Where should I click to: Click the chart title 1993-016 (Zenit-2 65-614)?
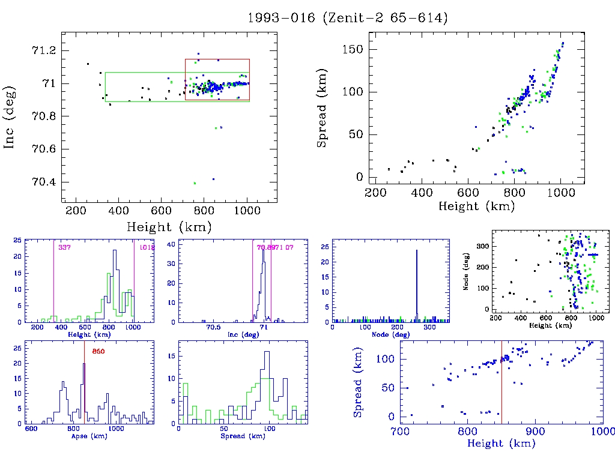(348, 18)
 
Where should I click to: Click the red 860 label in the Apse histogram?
(98, 351)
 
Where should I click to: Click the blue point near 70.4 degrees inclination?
(213, 179)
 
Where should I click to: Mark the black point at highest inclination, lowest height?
(88, 64)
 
